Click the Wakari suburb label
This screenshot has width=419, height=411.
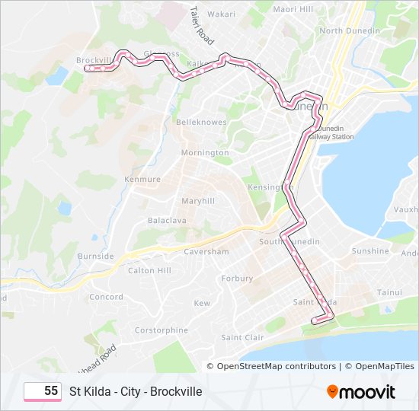coord(222,14)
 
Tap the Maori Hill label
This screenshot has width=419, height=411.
coord(295,9)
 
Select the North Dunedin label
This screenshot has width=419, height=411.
coord(349,30)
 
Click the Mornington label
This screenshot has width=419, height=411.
coord(205,152)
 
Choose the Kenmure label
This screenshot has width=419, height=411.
coord(141,180)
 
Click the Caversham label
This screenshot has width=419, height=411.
coord(206,251)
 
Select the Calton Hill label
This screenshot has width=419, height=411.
coord(150,270)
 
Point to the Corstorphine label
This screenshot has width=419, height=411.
coord(161,330)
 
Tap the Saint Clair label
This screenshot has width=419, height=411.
coord(242,337)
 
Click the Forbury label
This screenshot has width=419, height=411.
coord(237,279)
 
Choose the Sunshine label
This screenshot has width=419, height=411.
coord(370,250)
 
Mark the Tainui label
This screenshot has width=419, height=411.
coord(389,292)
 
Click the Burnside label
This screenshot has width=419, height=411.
coord(95,256)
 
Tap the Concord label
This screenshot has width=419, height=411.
coord(106,297)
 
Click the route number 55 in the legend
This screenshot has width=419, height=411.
coord(51,390)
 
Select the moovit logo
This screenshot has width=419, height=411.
coord(361,392)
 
